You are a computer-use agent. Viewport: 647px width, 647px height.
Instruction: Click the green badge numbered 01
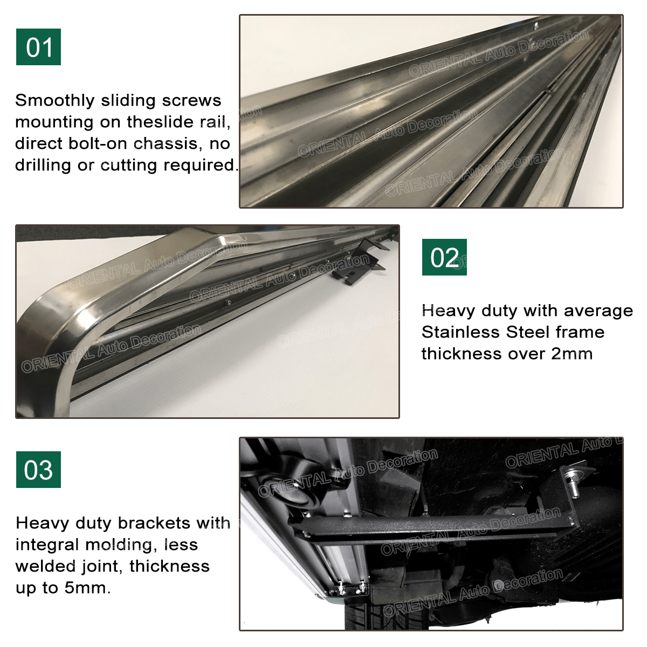[x=38, y=47]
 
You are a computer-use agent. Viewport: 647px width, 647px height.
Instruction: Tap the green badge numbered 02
[x=444, y=257]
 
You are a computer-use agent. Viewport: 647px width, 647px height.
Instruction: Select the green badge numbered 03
[x=38, y=470]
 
